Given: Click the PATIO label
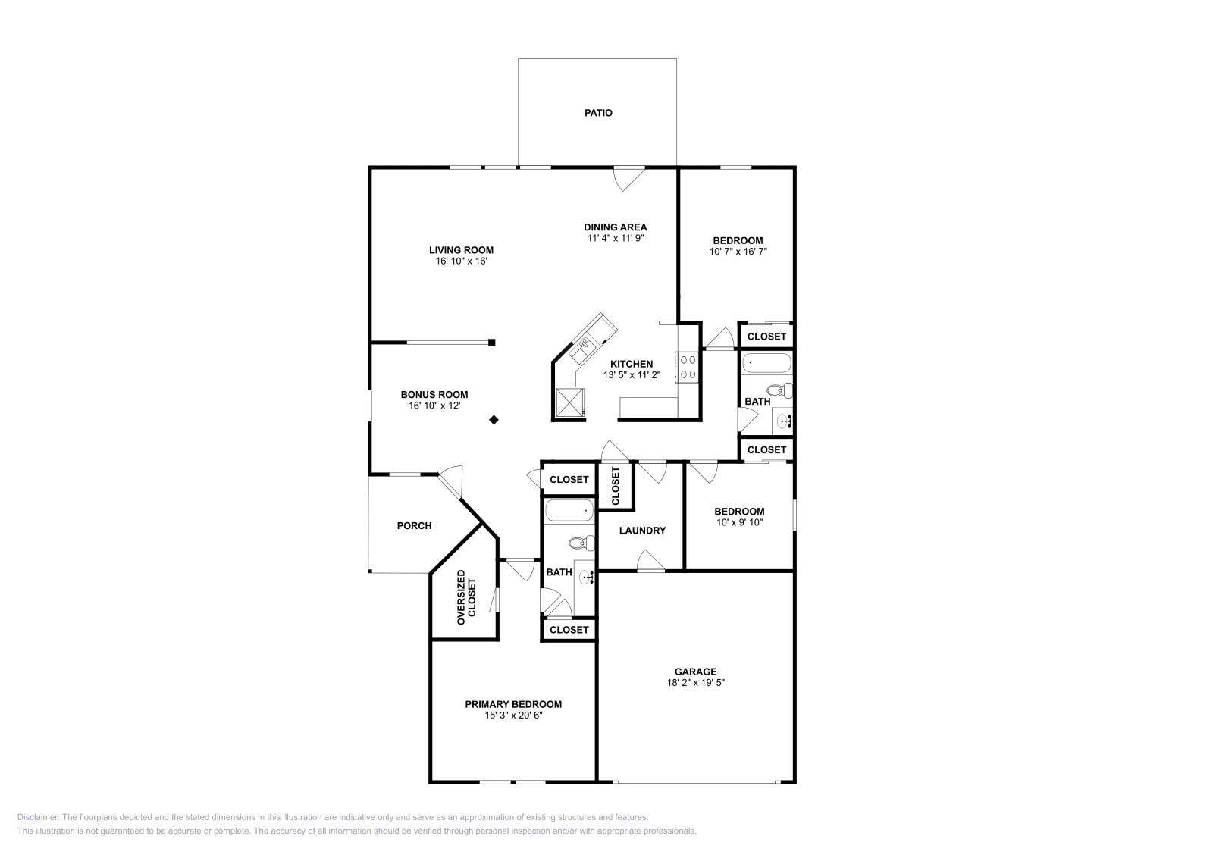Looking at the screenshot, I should [x=597, y=113].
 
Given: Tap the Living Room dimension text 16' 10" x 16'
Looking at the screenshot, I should [x=461, y=261].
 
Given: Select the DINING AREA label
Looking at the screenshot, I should [x=615, y=227].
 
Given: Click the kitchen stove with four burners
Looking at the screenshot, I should [x=688, y=367].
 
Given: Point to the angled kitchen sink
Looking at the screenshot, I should [x=584, y=349].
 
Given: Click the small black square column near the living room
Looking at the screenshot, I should [x=492, y=343].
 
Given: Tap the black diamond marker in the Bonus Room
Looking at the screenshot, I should [x=494, y=419].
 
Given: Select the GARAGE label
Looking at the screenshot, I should [x=695, y=672].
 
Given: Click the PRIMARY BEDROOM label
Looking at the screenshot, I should [x=513, y=704].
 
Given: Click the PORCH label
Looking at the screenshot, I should [x=414, y=525].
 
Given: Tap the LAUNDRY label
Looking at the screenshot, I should [x=642, y=531].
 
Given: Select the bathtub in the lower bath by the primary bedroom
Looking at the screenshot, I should [x=570, y=512].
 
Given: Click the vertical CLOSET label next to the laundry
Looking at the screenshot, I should [x=615, y=486].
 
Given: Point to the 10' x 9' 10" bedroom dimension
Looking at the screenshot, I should [x=740, y=522].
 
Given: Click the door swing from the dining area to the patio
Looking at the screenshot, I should [x=628, y=179].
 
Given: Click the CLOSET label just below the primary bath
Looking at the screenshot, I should [x=569, y=630].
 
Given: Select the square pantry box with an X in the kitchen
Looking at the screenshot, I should [x=569, y=402].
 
